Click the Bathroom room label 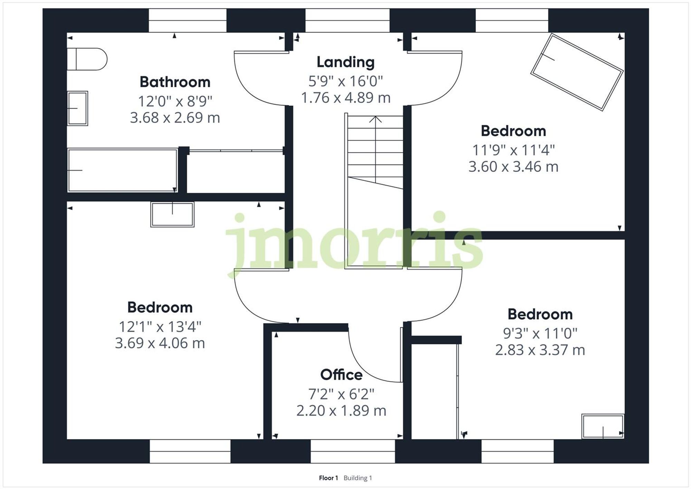[175, 82]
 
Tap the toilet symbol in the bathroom [87, 59]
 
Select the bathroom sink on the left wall [77, 108]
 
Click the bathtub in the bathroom [122, 170]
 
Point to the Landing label [345, 62]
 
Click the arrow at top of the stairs [375, 120]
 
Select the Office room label [341, 375]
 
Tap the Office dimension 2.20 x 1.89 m [341, 411]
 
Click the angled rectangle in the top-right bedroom [577, 72]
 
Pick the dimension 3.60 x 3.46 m [513, 167]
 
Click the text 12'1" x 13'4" [160, 327]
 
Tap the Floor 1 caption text [328, 478]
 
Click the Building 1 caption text [358, 478]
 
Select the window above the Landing [347, 20]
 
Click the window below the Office [352, 451]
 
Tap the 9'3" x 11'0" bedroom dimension [540, 333]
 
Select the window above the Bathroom [187, 20]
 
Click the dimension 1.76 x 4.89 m [345, 98]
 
